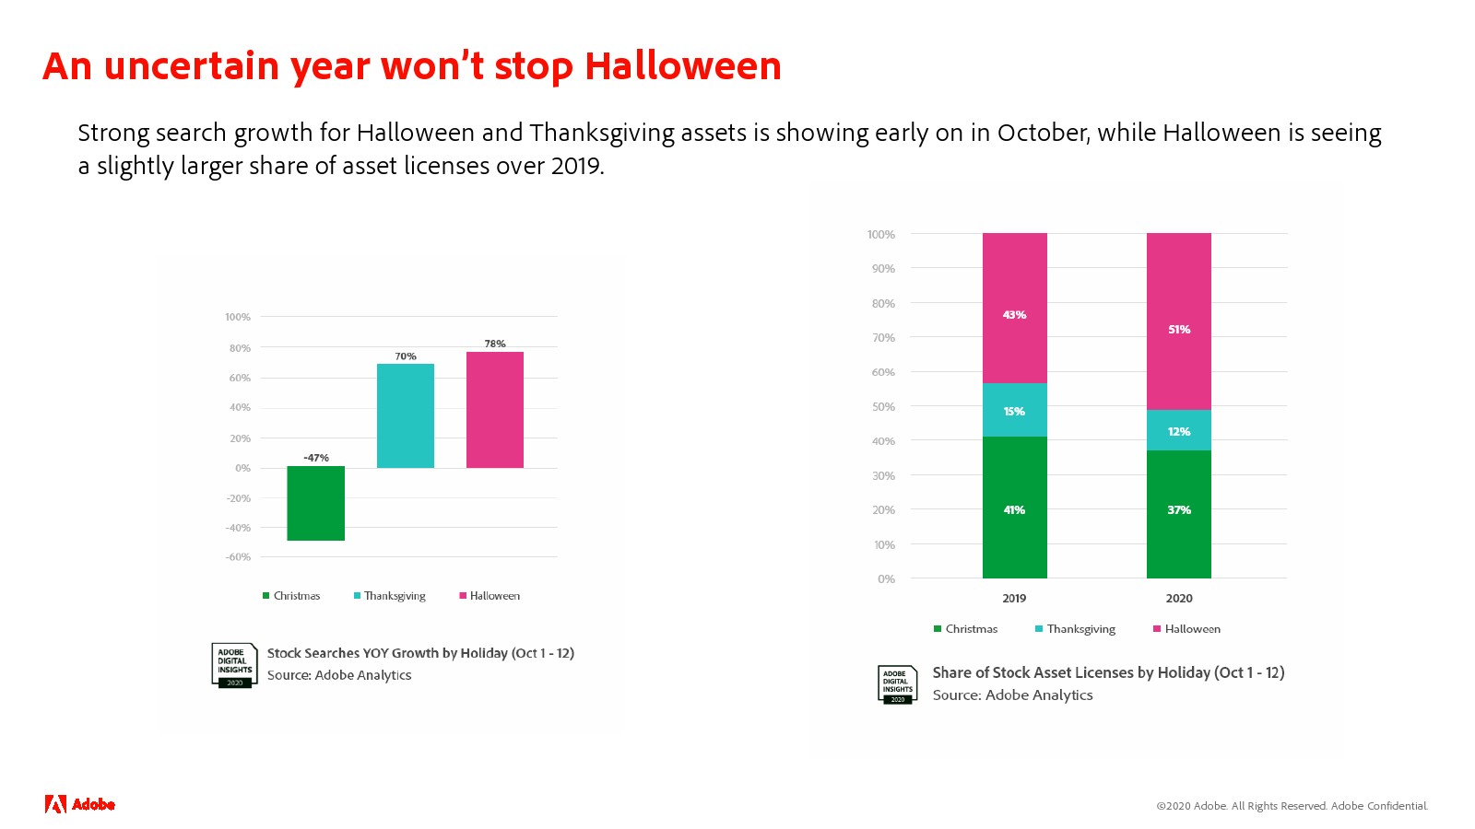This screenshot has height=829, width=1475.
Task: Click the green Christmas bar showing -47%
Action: point(315,503)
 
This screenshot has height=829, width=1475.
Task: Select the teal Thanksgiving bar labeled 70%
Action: point(405,415)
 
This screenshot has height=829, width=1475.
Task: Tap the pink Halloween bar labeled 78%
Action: point(494,410)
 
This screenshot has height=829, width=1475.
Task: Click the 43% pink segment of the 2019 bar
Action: point(1015,308)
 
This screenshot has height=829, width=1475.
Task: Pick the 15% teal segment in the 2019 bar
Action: point(1015,410)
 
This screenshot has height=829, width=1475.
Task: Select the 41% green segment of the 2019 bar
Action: point(1015,508)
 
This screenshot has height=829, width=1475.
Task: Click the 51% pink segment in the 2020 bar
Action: point(1179,321)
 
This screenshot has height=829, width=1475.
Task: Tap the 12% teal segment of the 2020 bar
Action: point(1179,430)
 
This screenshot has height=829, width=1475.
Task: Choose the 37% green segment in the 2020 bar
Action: point(1179,515)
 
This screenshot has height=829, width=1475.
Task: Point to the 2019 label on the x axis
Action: point(1014,598)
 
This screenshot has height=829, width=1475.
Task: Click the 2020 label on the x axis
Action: point(1179,598)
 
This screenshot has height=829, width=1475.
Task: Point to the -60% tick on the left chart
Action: point(238,557)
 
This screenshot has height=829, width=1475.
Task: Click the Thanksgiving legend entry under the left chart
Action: point(390,596)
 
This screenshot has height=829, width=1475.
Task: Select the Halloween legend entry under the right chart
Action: point(1186,629)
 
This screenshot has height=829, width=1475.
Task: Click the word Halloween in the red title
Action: point(683,65)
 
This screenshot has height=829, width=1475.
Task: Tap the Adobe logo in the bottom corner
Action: point(79,804)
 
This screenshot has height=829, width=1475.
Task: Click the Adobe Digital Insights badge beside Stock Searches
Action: point(234,665)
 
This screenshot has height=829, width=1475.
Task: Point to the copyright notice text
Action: point(1292,806)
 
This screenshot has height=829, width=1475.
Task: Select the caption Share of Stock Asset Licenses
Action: point(1108,673)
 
